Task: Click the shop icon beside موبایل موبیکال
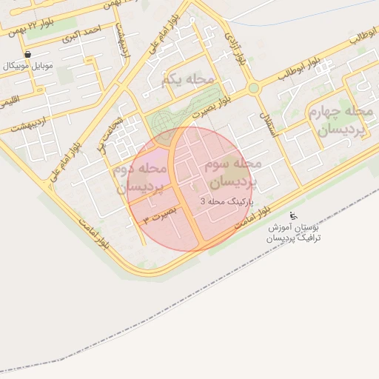coord(27,54)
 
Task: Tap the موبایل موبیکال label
coord(30,67)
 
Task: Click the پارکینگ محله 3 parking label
coord(228,201)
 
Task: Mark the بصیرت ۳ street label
coord(161,215)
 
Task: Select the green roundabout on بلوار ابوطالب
coord(254,87)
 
